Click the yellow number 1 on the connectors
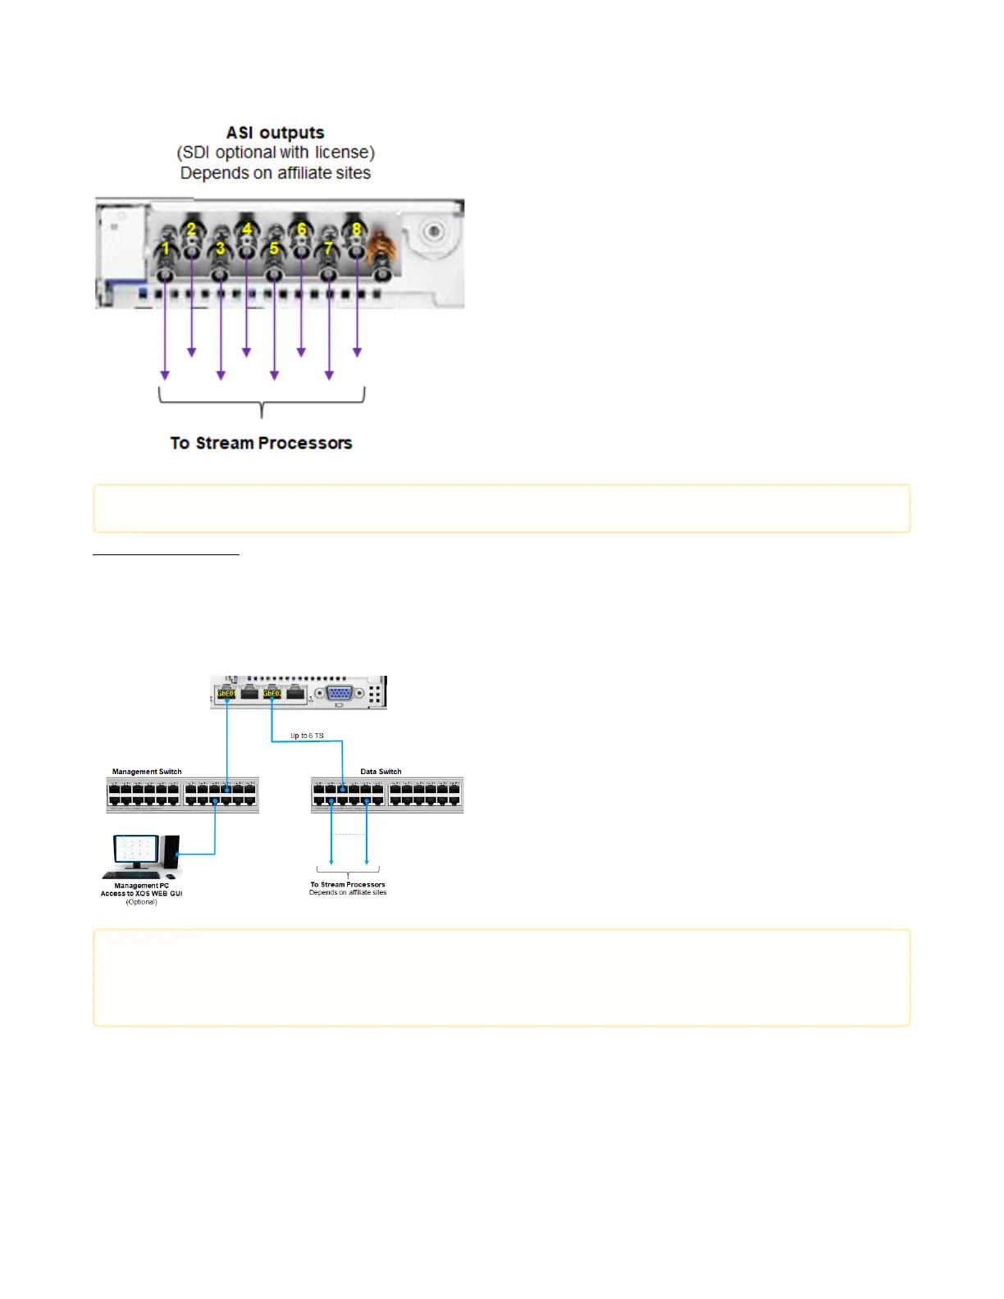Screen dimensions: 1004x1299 [x=166, y=248]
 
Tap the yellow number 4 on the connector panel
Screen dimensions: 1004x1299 [x=247, y=230]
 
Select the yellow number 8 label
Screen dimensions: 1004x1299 [x=356, y=230]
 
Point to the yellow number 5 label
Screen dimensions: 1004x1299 [x=274, y=248]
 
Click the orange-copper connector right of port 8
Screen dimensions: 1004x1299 [x=380, y=246]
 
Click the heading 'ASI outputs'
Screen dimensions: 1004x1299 [x=276, y=133]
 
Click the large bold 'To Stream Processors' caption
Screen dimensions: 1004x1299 [x=261, y=443]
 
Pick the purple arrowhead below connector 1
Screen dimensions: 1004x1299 [x=165, y=375]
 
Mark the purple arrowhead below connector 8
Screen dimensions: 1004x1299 [x=357, y=353]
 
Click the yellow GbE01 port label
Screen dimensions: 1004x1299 [x=226, y=694]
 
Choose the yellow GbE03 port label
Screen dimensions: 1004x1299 [x=272, y=694]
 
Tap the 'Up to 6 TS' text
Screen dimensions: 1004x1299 [x=307, y=736]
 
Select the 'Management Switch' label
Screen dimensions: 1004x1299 [x=147, y=772]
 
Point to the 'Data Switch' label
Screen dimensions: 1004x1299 [x=381, y=772]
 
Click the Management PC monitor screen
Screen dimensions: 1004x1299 [x=135, y=849]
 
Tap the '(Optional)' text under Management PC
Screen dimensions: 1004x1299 [x=141, y=902]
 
